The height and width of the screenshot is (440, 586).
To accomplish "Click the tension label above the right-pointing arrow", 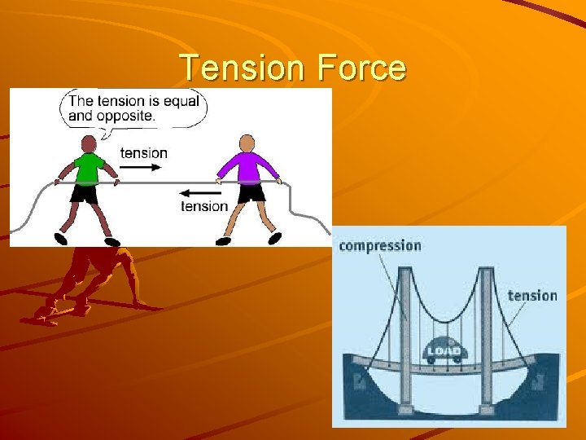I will [x=143, y=152].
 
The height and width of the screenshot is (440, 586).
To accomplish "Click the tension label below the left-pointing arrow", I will [x=204, y=207].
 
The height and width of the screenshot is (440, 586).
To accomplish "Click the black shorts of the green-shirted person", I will [x=84, y=194].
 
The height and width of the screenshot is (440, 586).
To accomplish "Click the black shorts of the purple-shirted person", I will [x=251, y=194].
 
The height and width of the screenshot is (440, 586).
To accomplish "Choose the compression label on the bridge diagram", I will [x=380, y=245].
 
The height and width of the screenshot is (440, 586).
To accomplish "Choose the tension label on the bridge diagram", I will [x=532, y=295].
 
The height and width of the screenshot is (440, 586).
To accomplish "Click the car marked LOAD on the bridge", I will [x=445, y=351].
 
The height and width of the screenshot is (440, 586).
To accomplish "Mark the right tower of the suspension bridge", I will [x=488, y=334].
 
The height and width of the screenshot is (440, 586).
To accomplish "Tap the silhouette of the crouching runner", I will [x=90, y=281].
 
